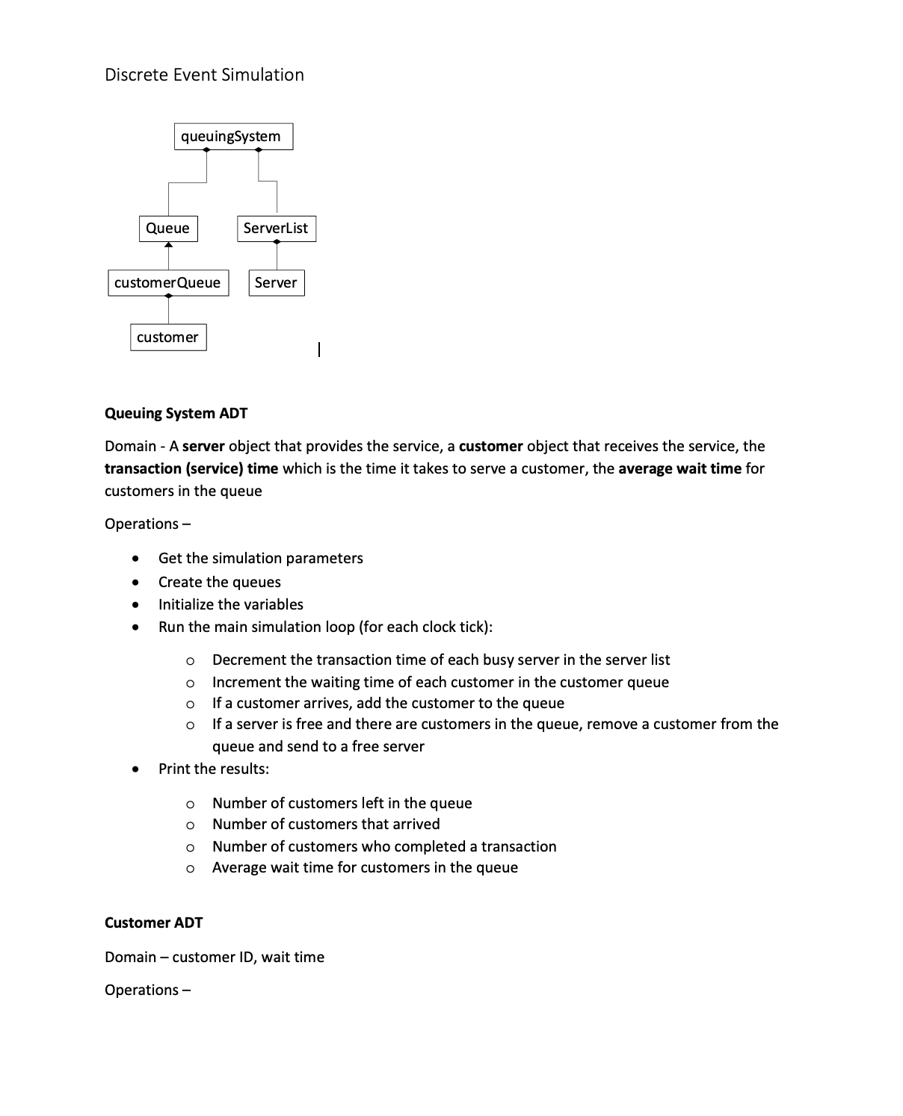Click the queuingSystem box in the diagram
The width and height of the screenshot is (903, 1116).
coord(233,137)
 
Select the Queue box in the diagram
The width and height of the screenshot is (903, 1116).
coord(168,229)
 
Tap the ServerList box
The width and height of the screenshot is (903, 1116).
coord(276,229)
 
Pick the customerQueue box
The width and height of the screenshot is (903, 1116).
coord(168,283)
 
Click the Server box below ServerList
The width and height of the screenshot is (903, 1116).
coord(277,283)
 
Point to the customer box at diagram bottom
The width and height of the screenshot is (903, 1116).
coord(168,338)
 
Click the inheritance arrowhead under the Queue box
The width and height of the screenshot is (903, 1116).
coord(168,246)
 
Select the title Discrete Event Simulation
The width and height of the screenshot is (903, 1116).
coord(204,75)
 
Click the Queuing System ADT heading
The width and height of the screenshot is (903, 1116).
coord(176,413)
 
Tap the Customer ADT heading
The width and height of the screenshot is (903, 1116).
coord(153,923)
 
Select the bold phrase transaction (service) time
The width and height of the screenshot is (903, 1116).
coord(191,468)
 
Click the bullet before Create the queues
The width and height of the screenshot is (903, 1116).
coord(135,582)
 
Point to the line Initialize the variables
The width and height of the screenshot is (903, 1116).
coord(230,604)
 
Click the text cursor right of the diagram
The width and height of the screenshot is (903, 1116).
coord(319,349)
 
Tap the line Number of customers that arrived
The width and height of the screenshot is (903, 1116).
coord(326,824)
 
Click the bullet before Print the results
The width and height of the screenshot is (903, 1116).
coord(135,769)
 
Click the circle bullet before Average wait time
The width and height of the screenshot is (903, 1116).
coord(191,868)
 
